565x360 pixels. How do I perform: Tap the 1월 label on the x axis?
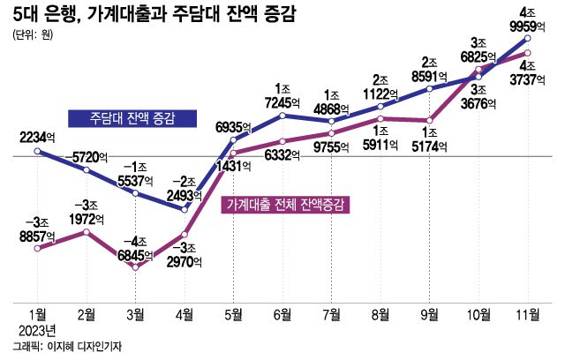point(38,314)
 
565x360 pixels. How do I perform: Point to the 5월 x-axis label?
point(234,314)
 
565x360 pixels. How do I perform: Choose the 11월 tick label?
point(527,314)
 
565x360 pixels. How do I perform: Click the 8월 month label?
point(380,314)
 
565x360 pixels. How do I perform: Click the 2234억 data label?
point(37,136)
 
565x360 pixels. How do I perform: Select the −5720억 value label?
point(87,155)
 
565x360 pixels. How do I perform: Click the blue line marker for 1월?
point(38,151)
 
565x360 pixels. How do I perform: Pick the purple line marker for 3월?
point(136,266)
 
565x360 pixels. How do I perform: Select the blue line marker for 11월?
point(527,40)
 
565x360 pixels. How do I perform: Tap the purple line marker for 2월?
point(87,232)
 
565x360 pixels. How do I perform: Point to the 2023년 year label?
point(36,331)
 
